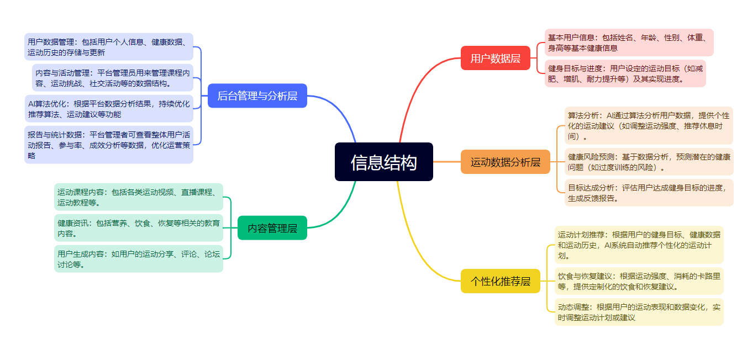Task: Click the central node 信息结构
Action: coord(383,162)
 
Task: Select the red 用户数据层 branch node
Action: coord(495,58)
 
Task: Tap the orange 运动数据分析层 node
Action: coord(505,162)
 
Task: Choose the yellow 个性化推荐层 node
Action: coord(500,281)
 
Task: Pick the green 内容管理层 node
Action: coord(272,227)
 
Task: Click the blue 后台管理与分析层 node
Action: coord(257,96)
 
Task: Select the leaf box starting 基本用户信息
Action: coord(629,43)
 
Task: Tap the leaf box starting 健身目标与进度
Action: coord(625,73)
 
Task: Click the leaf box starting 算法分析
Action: coord(648,125)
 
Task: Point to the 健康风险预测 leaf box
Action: coord(648,162)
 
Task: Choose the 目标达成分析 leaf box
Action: coord(648,193)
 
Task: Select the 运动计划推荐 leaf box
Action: coord(638,245)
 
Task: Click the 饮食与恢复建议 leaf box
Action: coord(638,281)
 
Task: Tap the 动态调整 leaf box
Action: coord(638,312)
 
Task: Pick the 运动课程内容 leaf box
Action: coord(138,197)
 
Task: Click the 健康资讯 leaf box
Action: coord(138,228)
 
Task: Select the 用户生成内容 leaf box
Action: coord(138,259)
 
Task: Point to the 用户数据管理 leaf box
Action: coord(109,47)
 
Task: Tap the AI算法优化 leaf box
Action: coord(109,109)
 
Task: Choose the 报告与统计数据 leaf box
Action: coord(109,145)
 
